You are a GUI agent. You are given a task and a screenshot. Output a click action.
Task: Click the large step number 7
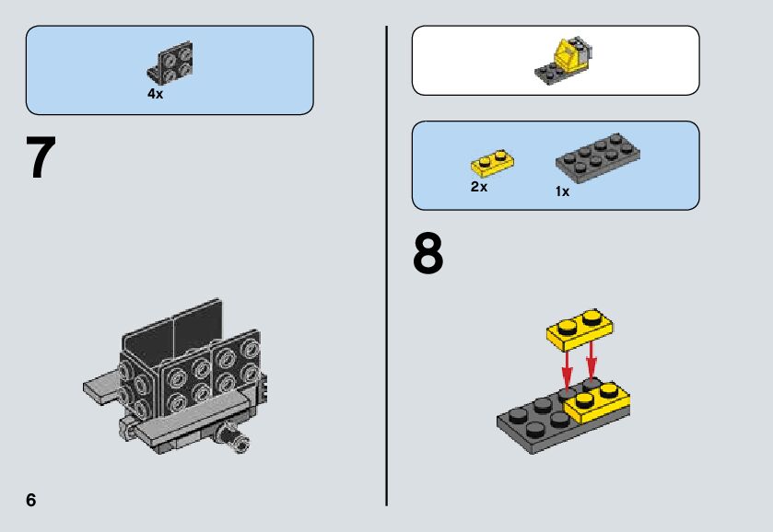(x=41, y=157)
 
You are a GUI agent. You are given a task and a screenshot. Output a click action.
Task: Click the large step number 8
(x=427, y=254)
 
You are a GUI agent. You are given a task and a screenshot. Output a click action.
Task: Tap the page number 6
(x=31, y=500)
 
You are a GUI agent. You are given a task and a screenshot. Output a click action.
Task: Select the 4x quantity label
(x=155, y=94)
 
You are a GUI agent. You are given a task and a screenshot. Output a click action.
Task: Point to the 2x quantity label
(x=479, y=187)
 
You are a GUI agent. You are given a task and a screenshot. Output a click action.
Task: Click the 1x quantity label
(x=562, y=191)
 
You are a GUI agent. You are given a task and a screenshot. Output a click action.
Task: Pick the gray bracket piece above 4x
(x=170, y=64)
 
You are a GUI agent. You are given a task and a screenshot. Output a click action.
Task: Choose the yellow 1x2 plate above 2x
(x=493, y=163)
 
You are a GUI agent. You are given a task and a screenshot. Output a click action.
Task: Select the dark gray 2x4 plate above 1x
(x=598, y=157)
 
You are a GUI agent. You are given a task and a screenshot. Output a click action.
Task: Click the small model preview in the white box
(x=564, y=61)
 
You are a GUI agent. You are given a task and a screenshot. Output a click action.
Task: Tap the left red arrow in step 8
(x=567, y=369)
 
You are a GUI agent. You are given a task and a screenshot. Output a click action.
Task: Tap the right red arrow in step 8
(x=591, y=362)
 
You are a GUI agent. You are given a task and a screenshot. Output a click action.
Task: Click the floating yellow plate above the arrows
(x=580, y=330)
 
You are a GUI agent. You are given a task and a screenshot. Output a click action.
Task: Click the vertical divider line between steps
(x=387, y=266)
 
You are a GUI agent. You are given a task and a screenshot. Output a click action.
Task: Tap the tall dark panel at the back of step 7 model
(x=171, y=331)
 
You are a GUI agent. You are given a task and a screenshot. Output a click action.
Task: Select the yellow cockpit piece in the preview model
(x=567, y=55)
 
